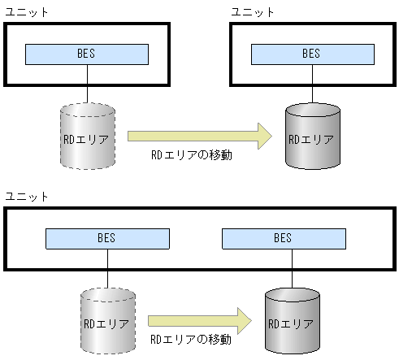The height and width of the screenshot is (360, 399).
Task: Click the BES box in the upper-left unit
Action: pos(86,54)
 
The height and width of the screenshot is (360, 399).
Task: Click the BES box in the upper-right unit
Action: pos(311,54)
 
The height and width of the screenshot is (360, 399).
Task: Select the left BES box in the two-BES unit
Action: pos(107,238)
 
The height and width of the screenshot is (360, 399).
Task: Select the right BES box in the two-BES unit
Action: pos(282,238)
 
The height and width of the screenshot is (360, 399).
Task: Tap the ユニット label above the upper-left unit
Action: pos(26,12)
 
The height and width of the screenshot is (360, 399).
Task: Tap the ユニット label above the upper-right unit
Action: pos(253,12)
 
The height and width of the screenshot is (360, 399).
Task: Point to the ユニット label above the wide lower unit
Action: pos(26,197)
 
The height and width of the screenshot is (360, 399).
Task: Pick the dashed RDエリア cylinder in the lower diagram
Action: pos(106,322)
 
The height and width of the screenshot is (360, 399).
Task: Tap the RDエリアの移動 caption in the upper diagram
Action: pos(192,154)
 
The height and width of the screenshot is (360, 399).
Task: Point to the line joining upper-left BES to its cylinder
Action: pos(87,84)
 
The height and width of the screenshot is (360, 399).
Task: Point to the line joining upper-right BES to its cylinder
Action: pos(311,84)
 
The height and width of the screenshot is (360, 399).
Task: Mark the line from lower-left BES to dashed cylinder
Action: pos(106,268)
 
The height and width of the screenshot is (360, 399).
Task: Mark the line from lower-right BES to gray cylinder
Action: pos(282,268)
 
